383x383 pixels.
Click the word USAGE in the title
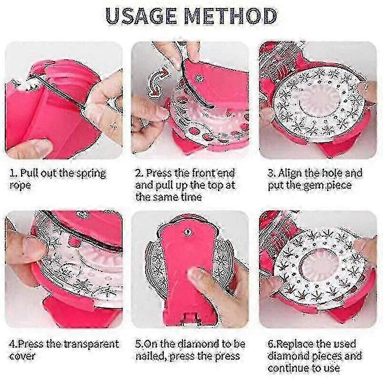pyautogui.click(x=141, y=16)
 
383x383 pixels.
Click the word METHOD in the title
pyautogui.click(x=230, y=16)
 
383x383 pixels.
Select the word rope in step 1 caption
pyautogui.click(x=20, y=185)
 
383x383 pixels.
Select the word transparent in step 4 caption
pyautogui.click(x=91, y=344)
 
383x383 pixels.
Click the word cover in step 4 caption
pyautogui.click(x=23, y=356)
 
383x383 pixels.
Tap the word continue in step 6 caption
pyautogui.click(x=285, y=368)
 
